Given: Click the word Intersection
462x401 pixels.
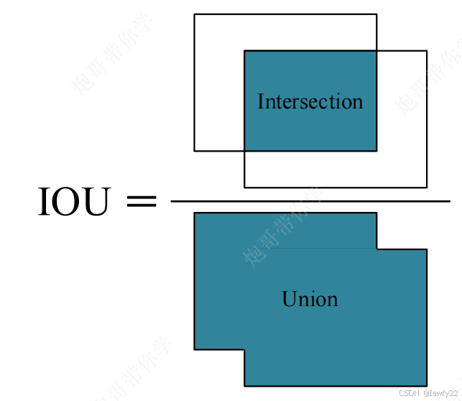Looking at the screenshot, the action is [x=310, y=101].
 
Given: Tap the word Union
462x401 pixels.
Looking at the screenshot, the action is [x=310, y=299].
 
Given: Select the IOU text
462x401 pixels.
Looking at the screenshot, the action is [x=74, y=202].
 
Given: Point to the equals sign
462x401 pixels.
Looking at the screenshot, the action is [x=141, y=202].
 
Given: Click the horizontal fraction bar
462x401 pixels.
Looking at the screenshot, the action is [x=310, y=202].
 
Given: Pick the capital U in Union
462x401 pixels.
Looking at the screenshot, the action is [x=289, y=299].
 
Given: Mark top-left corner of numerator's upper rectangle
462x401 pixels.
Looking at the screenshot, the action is [x=195, y=14].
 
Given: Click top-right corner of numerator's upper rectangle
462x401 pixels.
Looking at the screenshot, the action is [x=376, y=14].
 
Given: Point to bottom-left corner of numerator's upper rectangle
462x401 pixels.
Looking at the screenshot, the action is [x=195, y=151].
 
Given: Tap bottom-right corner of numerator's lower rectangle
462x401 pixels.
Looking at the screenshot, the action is [x=427, y=187].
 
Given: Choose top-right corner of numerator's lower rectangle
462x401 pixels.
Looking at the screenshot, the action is [x=427, y=51].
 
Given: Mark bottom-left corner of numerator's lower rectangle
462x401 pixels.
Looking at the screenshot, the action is [x=244, y=187].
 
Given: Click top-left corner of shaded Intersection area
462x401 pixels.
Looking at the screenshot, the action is [x=244, y=51].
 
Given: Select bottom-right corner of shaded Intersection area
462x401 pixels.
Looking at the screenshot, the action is [x=376, y=151].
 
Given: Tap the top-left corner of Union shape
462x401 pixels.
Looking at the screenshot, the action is [x=195, y=213].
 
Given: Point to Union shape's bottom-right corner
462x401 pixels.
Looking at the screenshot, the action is [x=427, y=385].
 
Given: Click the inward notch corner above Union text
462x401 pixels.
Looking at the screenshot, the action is [x=376, y=249].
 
